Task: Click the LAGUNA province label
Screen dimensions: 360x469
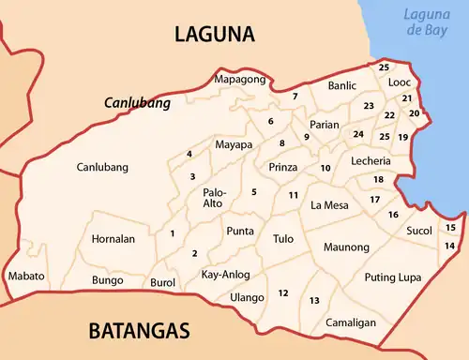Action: pos(215,35)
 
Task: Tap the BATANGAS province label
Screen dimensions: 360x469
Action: pos(139,331)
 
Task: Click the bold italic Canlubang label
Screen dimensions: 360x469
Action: pos(137,103)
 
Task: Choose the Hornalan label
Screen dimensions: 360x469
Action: pos(113,239)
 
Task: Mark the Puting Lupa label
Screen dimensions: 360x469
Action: pos(393,277)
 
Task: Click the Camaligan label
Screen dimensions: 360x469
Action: pos(351,322)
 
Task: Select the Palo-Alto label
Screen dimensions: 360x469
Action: pos(214,197)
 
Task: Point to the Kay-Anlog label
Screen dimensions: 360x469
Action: pos(225,275)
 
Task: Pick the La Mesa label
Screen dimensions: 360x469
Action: pos(329,205)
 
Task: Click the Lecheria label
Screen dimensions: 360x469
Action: pos(371,161)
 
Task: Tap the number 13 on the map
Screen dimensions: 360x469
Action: pos(314,300)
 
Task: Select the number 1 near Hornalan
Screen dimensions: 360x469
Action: pos(172,233)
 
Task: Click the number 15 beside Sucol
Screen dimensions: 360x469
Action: pos(450,228)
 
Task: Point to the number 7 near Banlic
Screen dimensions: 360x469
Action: pos(295,97)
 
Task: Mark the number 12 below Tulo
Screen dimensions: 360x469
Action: pos(282,293)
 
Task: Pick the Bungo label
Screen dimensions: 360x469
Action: pos(108,280)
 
